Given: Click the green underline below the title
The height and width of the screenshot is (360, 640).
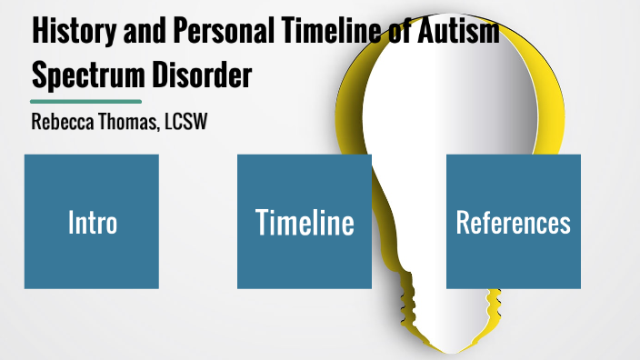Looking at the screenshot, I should point(85,101).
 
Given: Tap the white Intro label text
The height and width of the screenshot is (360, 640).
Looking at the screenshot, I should point(92,222).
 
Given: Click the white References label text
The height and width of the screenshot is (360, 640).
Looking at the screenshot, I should point(514,222).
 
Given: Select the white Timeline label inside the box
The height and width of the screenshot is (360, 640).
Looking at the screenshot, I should point(305,222).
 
